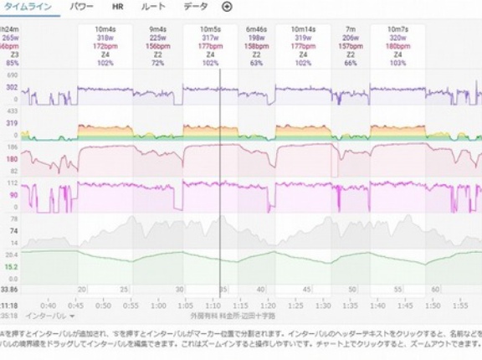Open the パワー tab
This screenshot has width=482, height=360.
82,7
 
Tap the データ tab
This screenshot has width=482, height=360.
195,7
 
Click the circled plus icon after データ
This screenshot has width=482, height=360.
226,7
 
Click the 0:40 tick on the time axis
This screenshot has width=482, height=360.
49,306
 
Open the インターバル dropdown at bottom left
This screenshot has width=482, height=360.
50,316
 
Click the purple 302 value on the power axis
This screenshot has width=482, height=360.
12,87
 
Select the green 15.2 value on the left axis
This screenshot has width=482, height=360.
12,267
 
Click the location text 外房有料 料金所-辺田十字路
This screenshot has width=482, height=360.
233,316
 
